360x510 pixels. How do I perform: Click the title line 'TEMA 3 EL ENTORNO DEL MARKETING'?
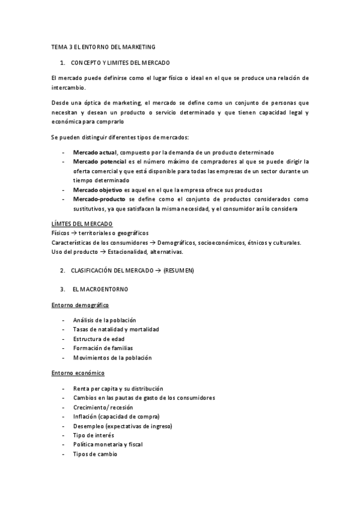pos(103,46)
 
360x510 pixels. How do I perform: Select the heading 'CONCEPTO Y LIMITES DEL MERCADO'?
pos(120,63)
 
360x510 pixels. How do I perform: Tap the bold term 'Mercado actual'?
pos(95,152)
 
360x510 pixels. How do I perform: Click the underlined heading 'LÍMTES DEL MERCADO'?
pos(82,224)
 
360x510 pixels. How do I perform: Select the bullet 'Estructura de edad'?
pos(99,339)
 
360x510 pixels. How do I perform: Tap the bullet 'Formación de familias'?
pos(103,348)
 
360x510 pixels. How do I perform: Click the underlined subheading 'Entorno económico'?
pos(78,373)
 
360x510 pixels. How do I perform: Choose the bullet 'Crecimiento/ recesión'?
pos(103,407)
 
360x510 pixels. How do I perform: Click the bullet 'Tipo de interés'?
pos(93,435)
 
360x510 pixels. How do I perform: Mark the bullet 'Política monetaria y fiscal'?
pos(108,444)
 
